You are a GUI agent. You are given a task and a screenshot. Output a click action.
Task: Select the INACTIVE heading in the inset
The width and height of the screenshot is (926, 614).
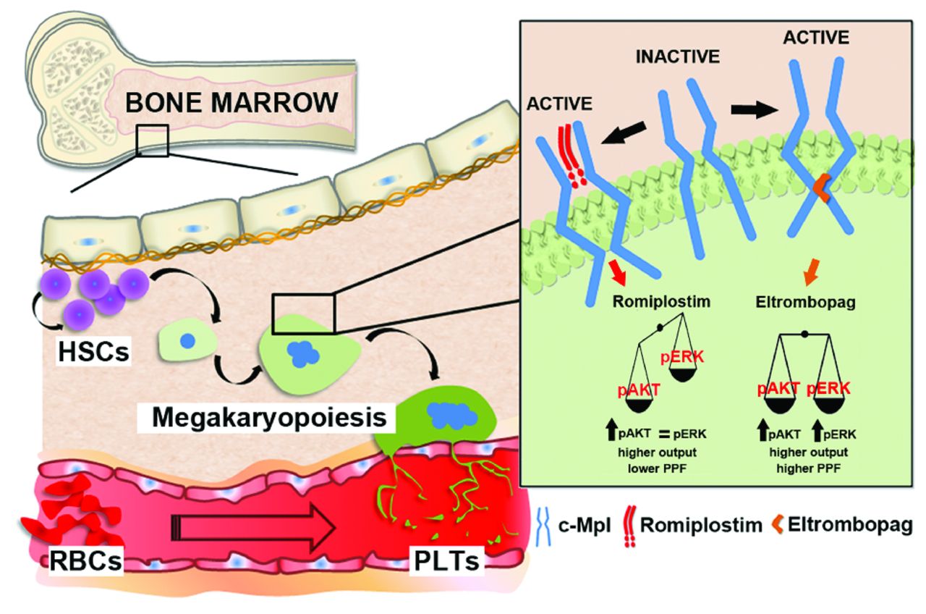[679, 56]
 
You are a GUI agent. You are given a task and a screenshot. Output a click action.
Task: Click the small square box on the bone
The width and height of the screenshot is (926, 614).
[151, 140]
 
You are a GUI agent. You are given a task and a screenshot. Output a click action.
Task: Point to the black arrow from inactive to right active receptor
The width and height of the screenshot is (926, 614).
[752, 111]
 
